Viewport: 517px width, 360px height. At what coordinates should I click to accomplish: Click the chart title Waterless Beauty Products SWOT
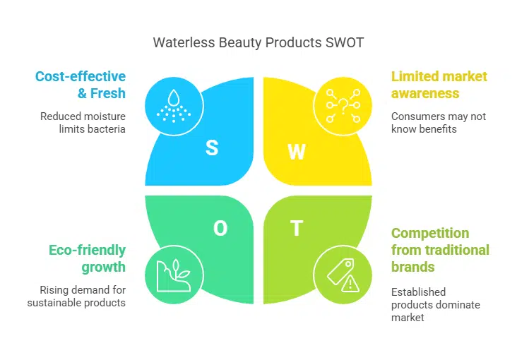coord(258,42)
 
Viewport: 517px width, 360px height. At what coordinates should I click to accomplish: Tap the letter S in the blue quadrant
coord(211,148)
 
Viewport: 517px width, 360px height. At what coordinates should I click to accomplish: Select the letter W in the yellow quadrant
coord(297,151)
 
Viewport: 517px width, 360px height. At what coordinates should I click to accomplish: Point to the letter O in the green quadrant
coord(220,228)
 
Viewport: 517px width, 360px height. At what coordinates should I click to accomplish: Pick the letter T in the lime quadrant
coord(297,228)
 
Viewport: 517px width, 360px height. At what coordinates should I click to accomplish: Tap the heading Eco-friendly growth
coord(87,258)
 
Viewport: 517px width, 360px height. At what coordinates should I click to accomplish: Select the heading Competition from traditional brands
coord(440,250)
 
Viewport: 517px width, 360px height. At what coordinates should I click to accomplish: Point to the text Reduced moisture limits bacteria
coord(84,123)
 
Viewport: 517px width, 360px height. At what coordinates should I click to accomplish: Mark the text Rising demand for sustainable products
coord(76,296)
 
